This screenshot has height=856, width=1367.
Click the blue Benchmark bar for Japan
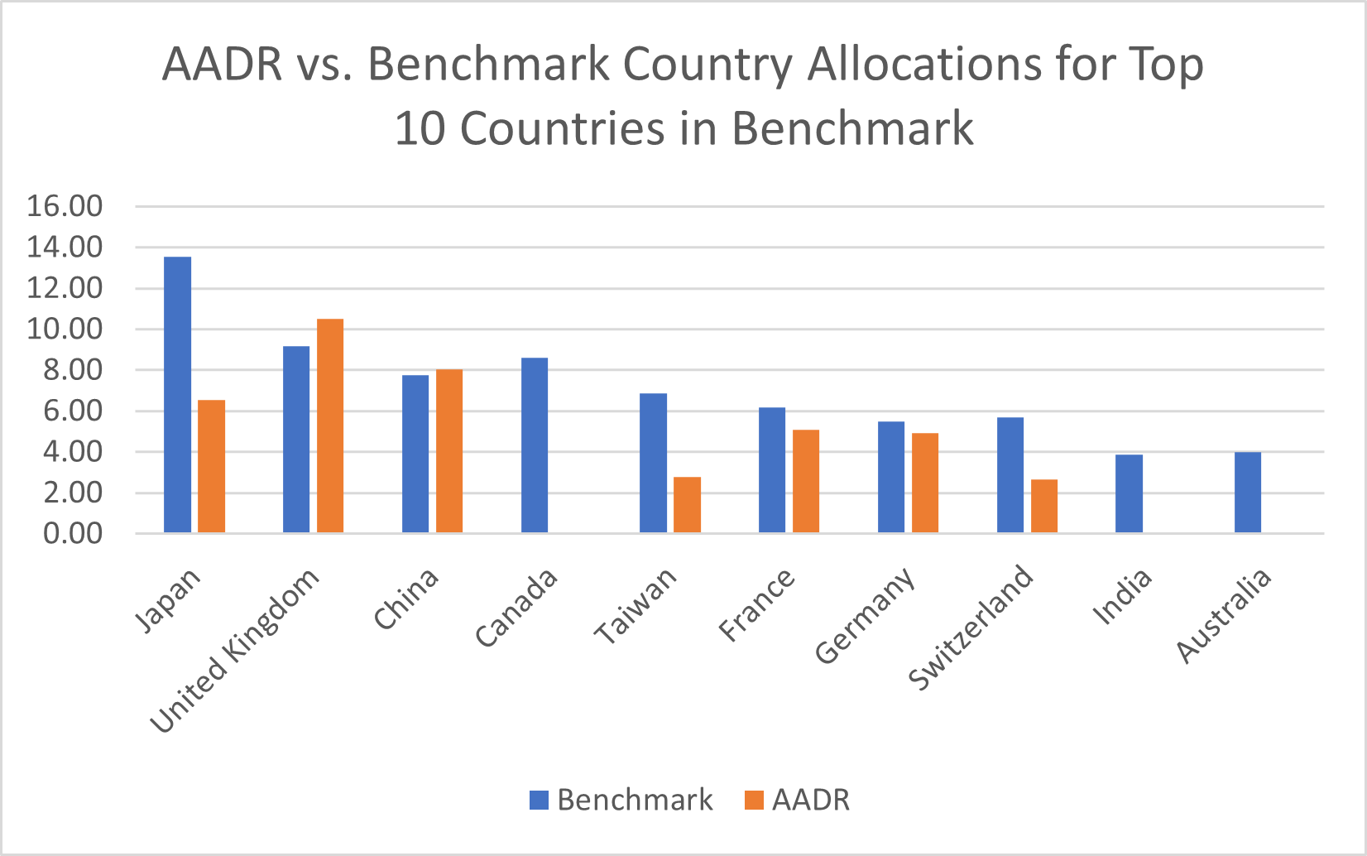(178, 395)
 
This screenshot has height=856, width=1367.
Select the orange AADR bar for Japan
(211, 466)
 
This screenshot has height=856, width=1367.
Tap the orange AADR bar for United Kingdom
(330, 426)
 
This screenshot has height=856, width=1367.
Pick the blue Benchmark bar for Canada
(535, 445)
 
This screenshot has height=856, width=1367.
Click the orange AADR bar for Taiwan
(687, 505)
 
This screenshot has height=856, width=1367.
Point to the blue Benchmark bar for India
(1129, 493)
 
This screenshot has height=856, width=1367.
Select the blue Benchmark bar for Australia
(1248, 493)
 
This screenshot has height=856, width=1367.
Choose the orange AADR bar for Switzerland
(1044, 506)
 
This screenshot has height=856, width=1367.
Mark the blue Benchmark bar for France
(772, 470)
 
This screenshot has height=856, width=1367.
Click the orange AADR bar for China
(449, 451)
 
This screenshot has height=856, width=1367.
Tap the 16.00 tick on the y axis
(65, 206)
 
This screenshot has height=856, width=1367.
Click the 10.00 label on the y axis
(65, 329)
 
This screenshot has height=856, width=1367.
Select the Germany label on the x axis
(865, 617)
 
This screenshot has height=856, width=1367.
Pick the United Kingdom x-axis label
(234, 652)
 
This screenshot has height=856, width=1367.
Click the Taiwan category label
(635, 607)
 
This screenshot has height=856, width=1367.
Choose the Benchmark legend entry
(621, 800)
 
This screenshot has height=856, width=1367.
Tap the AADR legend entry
(798, 800)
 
